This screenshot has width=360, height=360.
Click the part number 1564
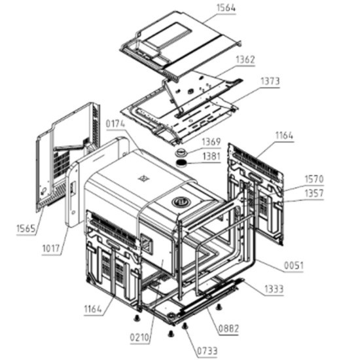226,8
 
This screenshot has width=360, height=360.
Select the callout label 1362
245,60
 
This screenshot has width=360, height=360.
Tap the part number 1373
270,81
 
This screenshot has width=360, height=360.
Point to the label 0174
115,124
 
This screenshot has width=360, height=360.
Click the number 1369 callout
211,142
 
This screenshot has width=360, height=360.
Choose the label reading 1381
211,156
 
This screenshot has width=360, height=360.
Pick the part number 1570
314,179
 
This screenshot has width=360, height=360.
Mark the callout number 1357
314,193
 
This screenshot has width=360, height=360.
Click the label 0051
294,266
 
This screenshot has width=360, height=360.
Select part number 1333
274,289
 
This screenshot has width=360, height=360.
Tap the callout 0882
228,329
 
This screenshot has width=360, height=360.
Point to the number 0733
207,351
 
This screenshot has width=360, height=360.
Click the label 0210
139,338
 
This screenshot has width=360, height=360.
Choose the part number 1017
51,248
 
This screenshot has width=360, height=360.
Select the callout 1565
26,228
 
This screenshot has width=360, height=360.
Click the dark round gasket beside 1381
181,163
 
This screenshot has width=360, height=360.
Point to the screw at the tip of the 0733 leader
185,325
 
